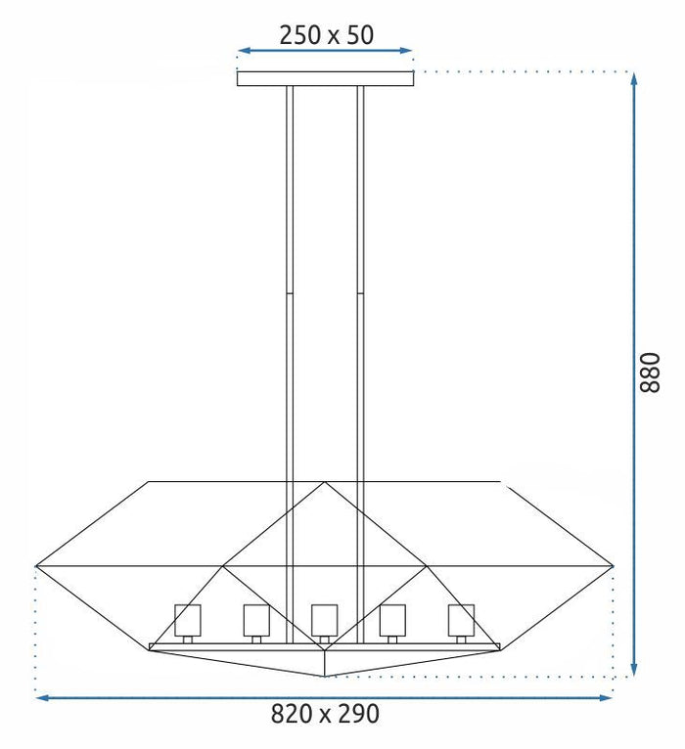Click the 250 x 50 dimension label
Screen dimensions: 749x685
(x=326, y=35)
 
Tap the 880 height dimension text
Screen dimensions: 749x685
(x=650, y=373)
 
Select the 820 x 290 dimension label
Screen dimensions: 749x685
(x=325, y=714)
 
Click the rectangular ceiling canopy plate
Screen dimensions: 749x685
(x=325, y=78)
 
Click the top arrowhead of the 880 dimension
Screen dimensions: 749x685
(x=634, y=79)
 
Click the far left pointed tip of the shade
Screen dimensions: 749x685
(x=36, y=565)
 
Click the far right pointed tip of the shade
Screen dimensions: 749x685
(x=614, y=565)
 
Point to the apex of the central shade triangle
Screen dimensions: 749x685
(x=325, y=482)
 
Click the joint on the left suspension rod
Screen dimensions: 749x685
(x=288, y=291)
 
